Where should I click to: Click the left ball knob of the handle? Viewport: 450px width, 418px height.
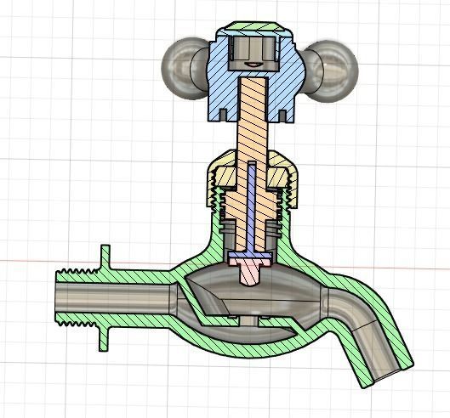181,66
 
